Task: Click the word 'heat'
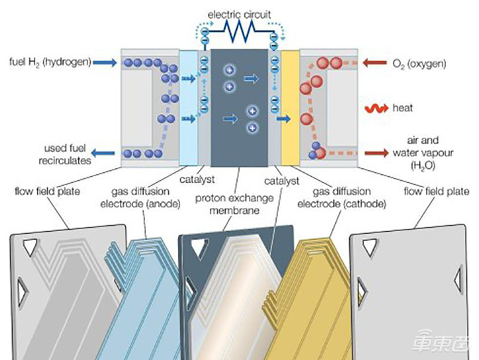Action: (403, 109)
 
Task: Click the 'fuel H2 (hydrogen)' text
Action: (50, 62)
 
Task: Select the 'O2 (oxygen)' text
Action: (420, 62)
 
